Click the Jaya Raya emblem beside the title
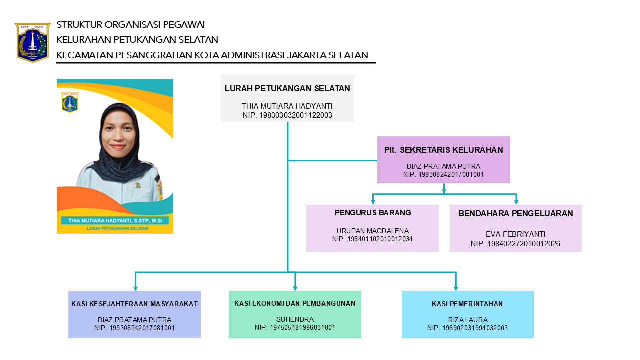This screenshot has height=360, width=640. coord(33,42)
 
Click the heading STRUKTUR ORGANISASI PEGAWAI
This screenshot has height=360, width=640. coord(131,25)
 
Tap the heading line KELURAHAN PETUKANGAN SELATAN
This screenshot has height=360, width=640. coord(137,40)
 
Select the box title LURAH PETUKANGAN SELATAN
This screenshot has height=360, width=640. coord(287,89)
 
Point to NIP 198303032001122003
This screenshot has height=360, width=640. coord(287,115)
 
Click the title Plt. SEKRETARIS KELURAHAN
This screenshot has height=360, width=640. coord(443,150)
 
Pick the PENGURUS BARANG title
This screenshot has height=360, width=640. coord(373,213)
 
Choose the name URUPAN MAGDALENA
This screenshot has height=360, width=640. coord(373,231)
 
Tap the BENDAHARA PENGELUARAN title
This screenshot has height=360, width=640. coord(515,214)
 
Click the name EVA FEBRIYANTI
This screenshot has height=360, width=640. coord(515,234)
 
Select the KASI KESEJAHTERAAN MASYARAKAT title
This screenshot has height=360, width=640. coord(134,304)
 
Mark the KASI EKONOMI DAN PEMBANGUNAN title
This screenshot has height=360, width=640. coord(295,303)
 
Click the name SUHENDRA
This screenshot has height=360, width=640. coord(295,320)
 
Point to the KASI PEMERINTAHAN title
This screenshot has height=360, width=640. coord(467,304)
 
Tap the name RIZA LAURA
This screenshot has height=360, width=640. coord(467,320)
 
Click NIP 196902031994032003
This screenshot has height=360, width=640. coord(467,328)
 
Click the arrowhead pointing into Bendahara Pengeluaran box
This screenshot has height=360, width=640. coord(516,201)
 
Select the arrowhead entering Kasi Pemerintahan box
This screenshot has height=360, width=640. coord(456,287)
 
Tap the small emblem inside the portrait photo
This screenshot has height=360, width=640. coord(70,102)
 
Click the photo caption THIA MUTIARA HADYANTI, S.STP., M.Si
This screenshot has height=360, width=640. coord(114,220)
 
